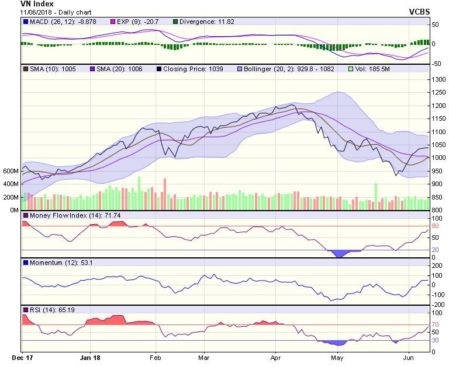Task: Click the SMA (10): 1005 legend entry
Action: pyautogui.click(x=50, y=69)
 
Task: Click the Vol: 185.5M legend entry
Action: pyautogui.click(x=372, y=69)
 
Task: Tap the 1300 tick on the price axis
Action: pyautogui.click(x=438, y=80)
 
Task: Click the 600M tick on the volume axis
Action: pyautogui.click(x=11, y=171)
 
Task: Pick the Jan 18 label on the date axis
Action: pyautogui.click(x=91, y=355)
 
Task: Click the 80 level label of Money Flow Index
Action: pyautogui.click(x=436, y=226)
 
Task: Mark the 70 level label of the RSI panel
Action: pyautogui.click(x=436, y=325)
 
